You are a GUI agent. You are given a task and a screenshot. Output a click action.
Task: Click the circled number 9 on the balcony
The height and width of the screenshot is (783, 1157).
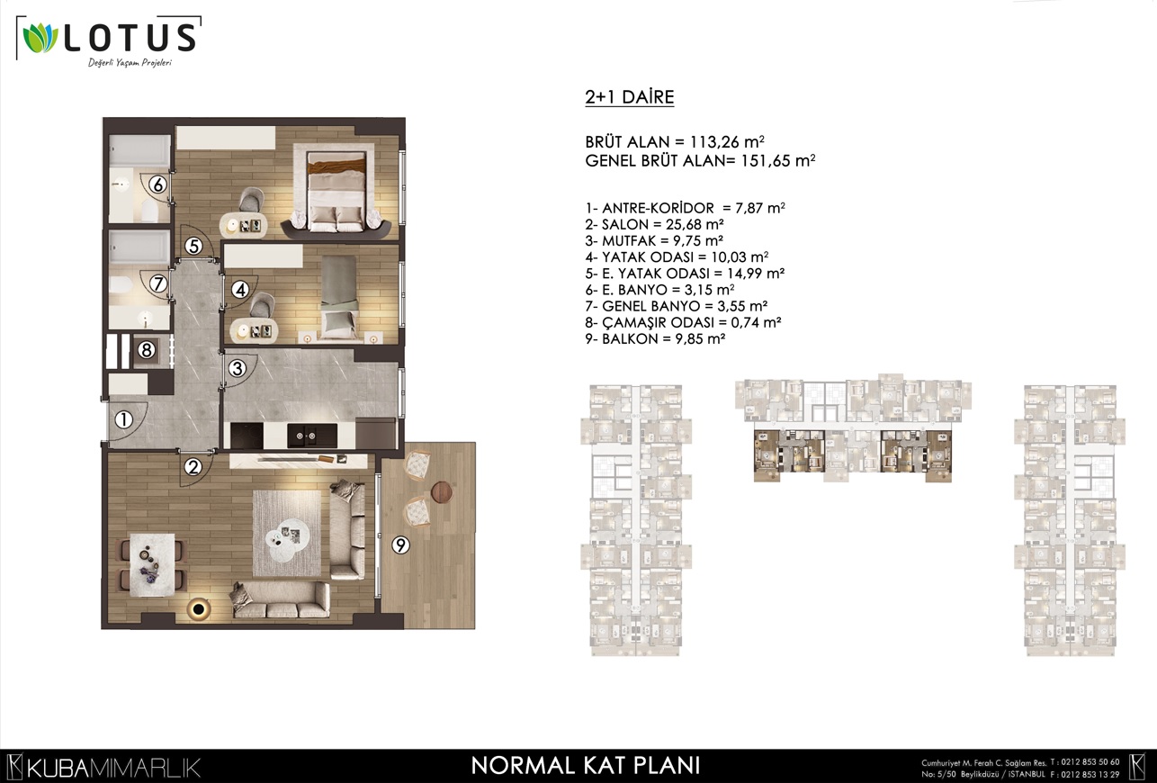pos(401,544)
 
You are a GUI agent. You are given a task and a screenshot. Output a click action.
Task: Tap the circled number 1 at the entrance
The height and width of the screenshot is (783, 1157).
pos(123,419)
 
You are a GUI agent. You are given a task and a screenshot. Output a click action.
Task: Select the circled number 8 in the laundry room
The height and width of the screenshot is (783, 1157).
pos(146,350)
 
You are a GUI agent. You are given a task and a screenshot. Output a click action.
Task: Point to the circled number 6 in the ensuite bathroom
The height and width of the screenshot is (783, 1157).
pos(158,184)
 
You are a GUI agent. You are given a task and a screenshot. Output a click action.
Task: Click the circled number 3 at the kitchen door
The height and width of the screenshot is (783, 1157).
pos(238,368)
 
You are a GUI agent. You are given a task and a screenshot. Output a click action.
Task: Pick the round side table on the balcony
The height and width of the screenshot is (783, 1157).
pos(442,492)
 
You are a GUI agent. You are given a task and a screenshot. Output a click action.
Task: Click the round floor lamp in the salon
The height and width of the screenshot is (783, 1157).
pos(198,608)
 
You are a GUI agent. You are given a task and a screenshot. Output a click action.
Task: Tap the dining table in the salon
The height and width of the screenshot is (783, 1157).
pos(152,564)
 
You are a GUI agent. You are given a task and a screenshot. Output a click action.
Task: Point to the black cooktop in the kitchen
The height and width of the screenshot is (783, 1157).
pos(247,436)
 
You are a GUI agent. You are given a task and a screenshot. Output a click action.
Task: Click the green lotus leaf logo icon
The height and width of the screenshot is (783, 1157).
pos(40,38)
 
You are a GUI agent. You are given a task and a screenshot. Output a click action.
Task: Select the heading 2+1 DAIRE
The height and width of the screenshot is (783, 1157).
pos(630,97)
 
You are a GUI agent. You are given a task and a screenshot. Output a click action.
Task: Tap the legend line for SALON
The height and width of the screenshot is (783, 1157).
pos(654,224)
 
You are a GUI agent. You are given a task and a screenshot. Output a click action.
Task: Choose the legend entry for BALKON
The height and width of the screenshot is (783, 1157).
pos(655,339)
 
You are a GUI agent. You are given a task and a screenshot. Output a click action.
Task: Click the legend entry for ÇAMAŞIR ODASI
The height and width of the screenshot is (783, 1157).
pos(683,322)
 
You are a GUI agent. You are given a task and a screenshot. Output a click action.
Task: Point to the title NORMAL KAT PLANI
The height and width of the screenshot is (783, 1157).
pos(586,765)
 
